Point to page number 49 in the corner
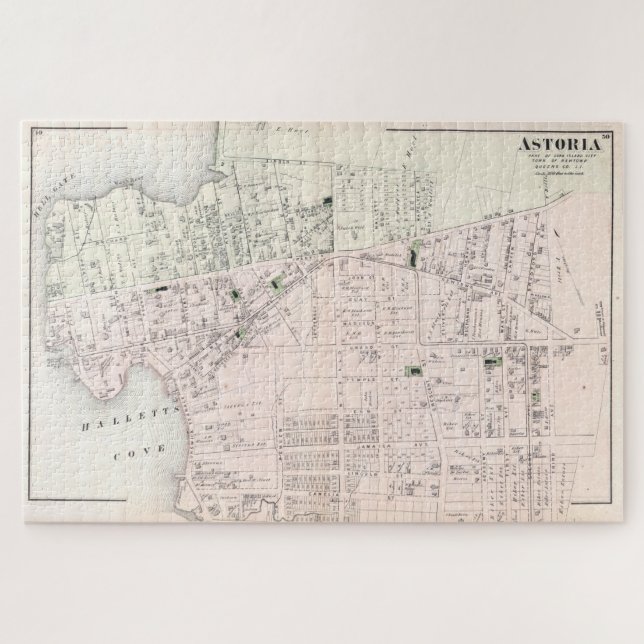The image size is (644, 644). point(36,133)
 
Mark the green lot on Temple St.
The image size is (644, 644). point(409,372)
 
